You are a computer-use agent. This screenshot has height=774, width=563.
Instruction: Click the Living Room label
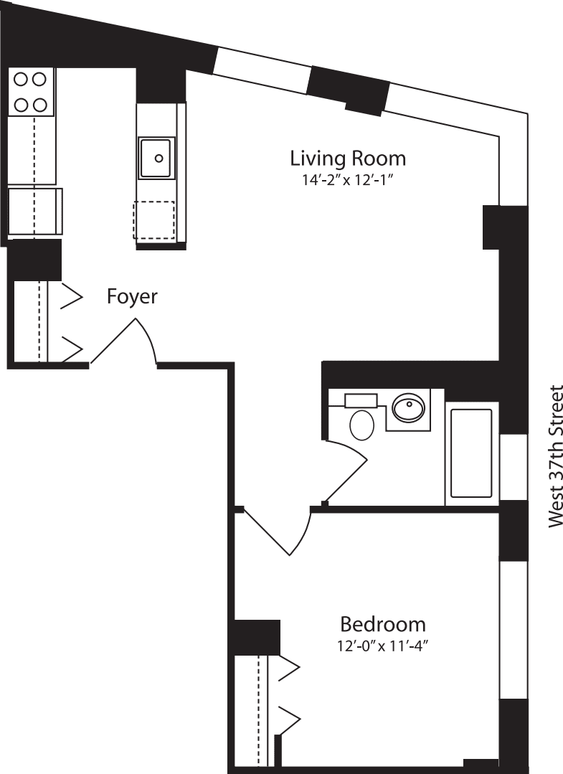tap(348, 159)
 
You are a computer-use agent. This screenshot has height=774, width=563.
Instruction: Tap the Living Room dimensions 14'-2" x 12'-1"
tap(349, 180)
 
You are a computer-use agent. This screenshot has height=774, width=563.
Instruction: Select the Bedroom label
tap(382, 623)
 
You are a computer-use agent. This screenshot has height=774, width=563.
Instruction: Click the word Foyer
tap(132, 296)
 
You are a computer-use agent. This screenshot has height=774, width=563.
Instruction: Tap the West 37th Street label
tap(556, 457)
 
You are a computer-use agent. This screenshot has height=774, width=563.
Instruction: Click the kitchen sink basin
tap(156, 159)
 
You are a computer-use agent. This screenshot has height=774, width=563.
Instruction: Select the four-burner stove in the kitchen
tap(31, 92)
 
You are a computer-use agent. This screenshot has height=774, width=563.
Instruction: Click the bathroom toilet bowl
tap(361, 425)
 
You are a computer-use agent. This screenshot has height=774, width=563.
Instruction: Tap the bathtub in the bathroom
tap(471, 454)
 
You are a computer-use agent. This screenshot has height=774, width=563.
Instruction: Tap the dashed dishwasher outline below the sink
tap(153, 220)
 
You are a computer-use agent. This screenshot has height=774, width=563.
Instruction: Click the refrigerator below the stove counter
tap(34, 212)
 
